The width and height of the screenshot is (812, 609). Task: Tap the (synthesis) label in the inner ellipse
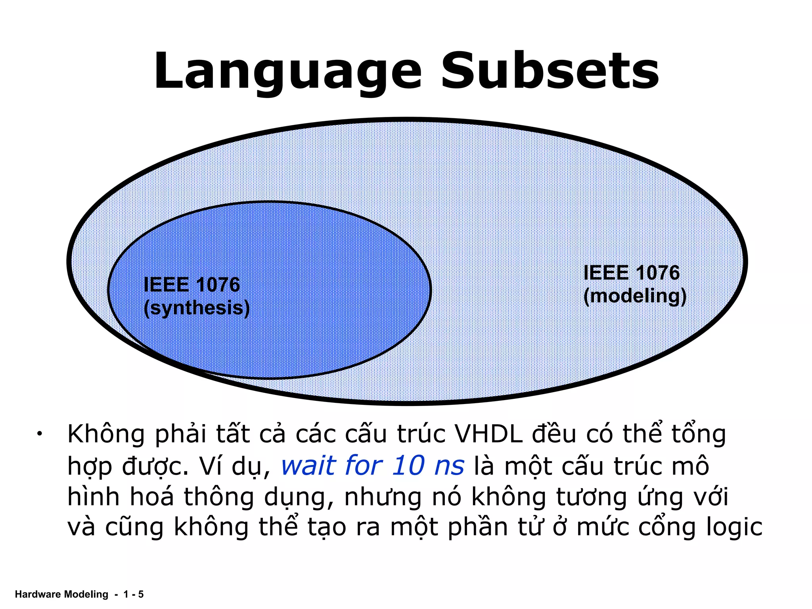click(197, 308)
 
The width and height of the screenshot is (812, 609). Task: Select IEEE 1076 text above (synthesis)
click(192, 285)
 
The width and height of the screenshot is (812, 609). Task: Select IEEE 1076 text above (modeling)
click(632, 273)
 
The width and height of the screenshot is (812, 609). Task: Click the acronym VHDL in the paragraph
click(488, 434)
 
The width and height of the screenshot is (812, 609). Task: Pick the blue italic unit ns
click(449, 466)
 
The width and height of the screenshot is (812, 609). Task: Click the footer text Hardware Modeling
click(61, 594)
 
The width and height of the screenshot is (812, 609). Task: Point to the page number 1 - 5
click(133, 594)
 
